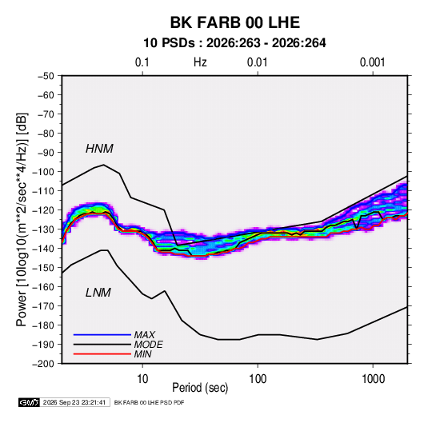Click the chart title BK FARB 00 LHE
click(235, 22)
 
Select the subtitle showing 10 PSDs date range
click(234, 43)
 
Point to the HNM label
click(99, 149)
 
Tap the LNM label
click(98, 293)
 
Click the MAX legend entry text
click(145, 334)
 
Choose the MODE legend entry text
click(149, 345)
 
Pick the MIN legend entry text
click(142, 354)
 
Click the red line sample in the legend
click(102, 354)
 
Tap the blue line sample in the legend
click(102, 334)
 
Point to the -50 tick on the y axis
click(46, 76)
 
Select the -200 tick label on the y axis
click(43, 364)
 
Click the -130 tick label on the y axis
click(43, 229)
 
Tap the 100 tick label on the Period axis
click(258, 379)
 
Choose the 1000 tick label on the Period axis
click(373, 379)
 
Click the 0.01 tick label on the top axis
click(257, 62)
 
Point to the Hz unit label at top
click(200, 62)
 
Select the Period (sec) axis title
click(200, 388)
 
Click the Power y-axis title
click(22, 220)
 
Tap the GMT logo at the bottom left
click(30, 402)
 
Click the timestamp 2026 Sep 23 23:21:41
click(74, 402)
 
